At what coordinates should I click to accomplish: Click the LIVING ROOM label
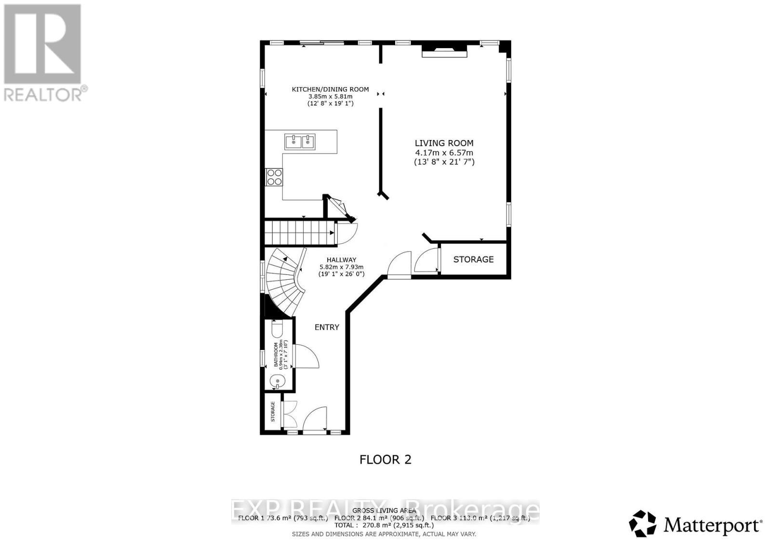(x=444, y=143)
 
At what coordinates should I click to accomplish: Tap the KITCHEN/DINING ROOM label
(x=330, y=89)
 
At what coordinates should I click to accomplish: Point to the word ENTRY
(x=327, y=327)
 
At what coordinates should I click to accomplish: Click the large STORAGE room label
(x=473, y=260)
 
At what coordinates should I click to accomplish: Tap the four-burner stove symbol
(x=274, y=177)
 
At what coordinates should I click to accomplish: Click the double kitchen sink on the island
(x=300, y=142)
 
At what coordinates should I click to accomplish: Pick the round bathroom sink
(x=278, y=381)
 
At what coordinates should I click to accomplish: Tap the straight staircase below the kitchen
(x=299, y=233)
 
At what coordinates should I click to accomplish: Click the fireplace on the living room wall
(x=444, y=52)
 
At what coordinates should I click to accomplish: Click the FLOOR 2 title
(x=385, y=460)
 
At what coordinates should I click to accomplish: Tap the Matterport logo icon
(x=643, y=524)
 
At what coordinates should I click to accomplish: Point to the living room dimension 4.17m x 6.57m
(x=444, y=153)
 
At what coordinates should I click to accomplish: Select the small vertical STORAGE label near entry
(x=273, y=412)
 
